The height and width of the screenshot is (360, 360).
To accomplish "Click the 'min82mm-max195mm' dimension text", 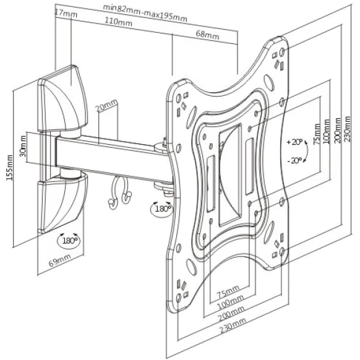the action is [x=145, y=13].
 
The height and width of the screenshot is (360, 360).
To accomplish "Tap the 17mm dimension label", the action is [x=66, y=14].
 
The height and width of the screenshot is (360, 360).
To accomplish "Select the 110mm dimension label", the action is [x=119, y=22].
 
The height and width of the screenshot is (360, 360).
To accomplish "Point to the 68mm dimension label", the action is [x=207, y=35].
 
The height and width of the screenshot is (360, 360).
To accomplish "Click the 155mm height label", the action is [x=9, y=168].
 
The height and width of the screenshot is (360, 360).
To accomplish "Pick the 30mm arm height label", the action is [x=23, y=146].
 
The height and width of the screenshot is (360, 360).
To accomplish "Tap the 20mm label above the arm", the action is [x=106, y=105].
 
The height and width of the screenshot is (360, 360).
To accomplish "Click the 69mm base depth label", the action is [x=60, y=260].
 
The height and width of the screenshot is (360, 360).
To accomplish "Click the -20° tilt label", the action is [x=295, y=160].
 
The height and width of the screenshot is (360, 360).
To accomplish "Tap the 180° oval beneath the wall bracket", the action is [x=69, y=241].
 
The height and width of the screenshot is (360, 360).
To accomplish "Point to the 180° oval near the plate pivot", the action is [x=161, y=209].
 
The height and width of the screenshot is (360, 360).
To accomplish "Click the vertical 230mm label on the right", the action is [x=348, y=129].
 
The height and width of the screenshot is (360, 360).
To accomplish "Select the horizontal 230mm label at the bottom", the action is [x=233, y=325].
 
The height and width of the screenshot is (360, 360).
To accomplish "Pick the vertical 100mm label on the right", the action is [x=327, y=132].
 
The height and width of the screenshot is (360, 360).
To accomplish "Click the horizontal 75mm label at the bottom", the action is [x=228, y=290].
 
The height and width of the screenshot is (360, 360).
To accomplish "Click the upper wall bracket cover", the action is [x=62, y=99].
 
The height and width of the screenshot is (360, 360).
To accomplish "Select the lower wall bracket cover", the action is [x=62, y=203].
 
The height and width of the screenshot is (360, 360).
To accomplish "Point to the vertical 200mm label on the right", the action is [x=338, y=130].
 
